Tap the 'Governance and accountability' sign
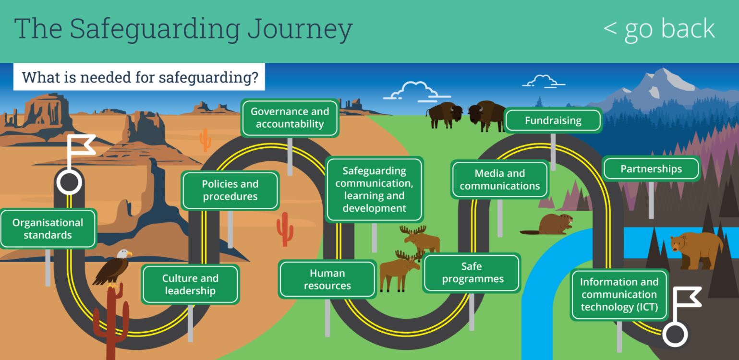coord(290,118)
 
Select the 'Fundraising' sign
coord(553,120)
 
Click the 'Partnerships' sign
coord(651,169)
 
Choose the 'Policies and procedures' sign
coord(230,190)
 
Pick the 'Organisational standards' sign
coord(48,228)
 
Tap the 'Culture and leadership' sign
coord(190,284)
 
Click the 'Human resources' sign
coord(327,279)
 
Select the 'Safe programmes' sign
coord(472,273)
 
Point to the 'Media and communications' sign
coord(500,180)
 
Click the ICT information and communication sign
coord(619,294)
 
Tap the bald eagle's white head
coord(124,254)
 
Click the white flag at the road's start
coord(81,145)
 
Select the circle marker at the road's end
coord(675,334)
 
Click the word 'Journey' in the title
coord(300,30)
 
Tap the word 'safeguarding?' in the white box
coord(208,78)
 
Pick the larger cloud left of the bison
coord(416,91)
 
